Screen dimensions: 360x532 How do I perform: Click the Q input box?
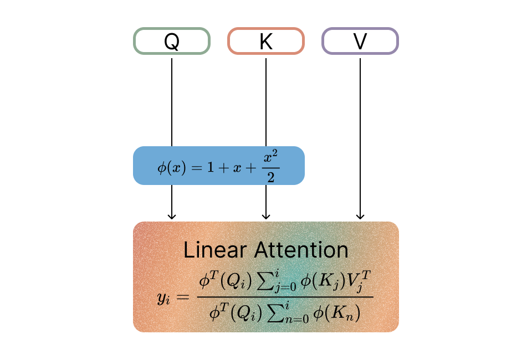[x=172, y=42]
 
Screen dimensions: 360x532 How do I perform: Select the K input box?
[x=266, y=42]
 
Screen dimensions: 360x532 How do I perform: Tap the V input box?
[x=360, y=42]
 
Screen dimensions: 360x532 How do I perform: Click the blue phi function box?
[x=218, y=166]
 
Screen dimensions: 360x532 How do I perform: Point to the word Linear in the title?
[x=213, y=250]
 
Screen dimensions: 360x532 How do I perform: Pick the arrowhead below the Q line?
[x=172, y=216]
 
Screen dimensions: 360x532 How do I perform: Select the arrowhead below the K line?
[x=266, y=216]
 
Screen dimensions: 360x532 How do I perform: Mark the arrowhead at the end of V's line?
[x=360, y=216]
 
